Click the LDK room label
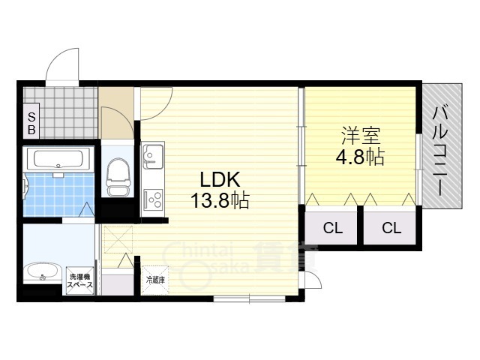coord(220,180)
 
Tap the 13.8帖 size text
coord(220,201)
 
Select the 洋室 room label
coord(361,136)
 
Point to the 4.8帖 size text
coord(360,157)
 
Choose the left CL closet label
coord(333,228)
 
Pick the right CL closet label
coord(391,228)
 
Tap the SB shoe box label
coord(31,123)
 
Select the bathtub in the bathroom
coord(58,159)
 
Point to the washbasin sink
coord(43,272)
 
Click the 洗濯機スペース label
coord(81,280)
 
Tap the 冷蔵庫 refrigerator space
coord(155,280)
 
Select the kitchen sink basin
coord(152,157)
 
